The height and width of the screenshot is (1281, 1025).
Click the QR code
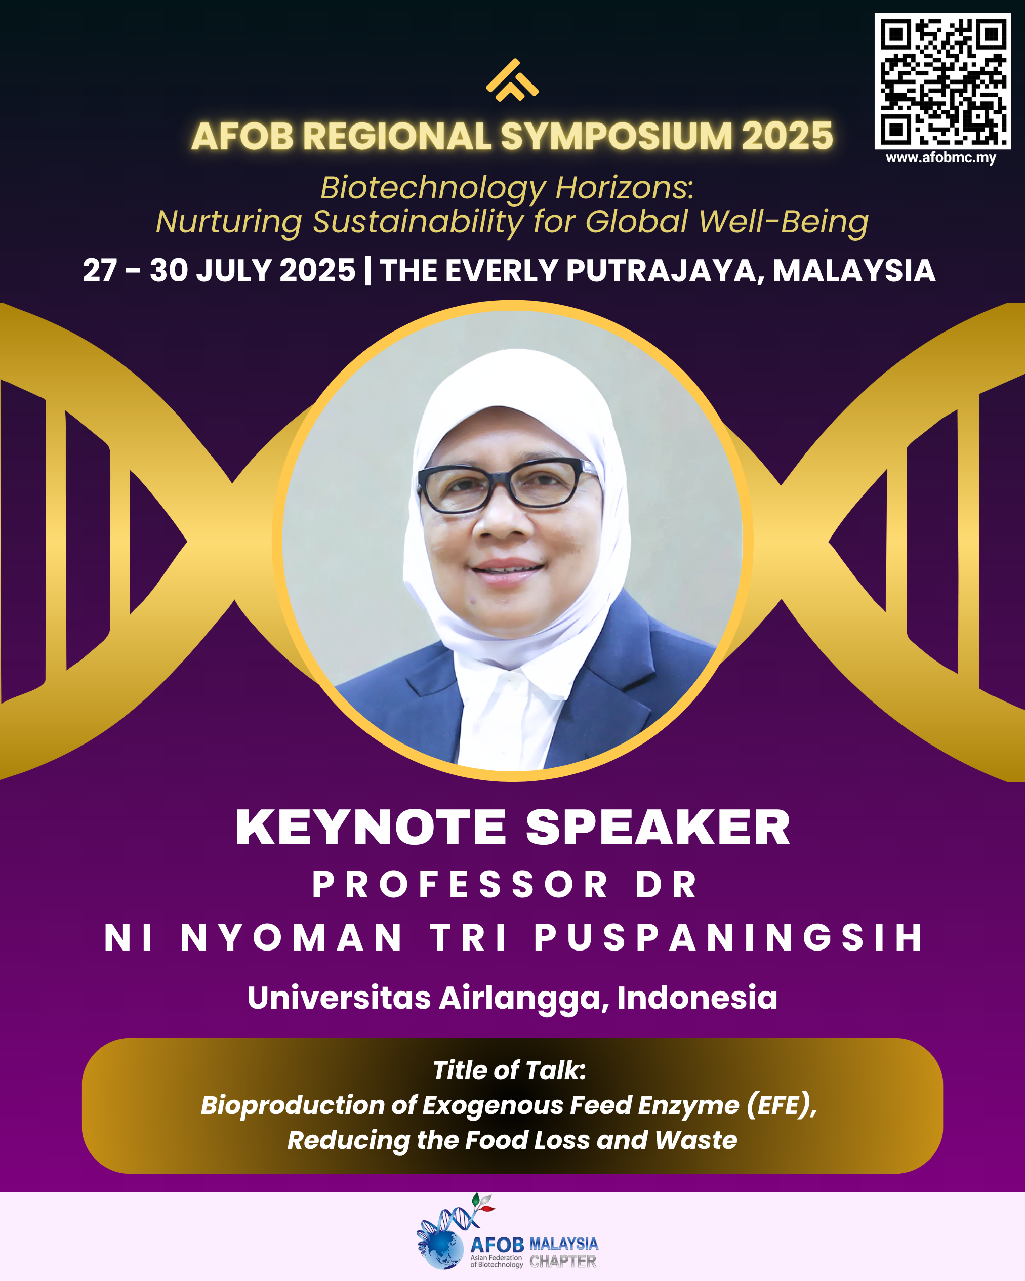[942, 81]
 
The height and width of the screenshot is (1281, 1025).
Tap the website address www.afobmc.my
[940, 157]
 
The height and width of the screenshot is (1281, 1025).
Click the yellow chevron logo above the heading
[512, 80]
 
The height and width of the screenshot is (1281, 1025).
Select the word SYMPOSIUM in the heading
[617, 136]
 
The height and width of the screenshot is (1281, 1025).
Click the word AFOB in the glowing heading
[242, 136]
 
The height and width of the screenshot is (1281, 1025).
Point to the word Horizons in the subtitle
[625, 188]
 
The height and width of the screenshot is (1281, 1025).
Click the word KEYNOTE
[371, 827]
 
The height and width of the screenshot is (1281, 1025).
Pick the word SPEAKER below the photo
[658, 827]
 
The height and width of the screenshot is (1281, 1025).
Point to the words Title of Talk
[509, 1070]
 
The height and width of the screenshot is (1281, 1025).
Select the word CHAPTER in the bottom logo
[563, 1261]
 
